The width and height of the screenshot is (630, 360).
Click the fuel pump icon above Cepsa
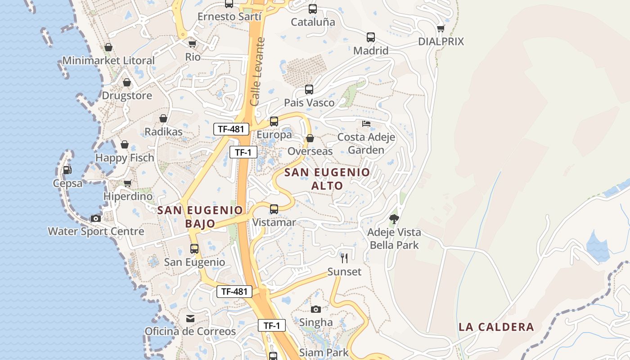point(67,170)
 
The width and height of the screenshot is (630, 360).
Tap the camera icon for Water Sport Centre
point(96,218)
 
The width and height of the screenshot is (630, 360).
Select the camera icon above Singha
point(316,309)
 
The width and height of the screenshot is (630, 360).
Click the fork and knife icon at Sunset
point(344,258)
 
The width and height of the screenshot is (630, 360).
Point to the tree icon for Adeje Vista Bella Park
point(394,219)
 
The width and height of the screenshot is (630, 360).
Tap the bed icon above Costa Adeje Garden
point(366,123)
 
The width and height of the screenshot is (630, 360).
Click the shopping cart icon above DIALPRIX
point(441,28)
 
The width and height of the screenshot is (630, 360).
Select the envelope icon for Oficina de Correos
point(190,319)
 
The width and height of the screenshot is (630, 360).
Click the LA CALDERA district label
point(496,327)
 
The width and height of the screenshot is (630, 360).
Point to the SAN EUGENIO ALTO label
point(327,179)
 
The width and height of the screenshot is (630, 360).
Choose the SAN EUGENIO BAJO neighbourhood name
point(200,216)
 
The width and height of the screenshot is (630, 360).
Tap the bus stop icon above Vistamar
point(274,209)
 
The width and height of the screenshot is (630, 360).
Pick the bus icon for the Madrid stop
point(371,37)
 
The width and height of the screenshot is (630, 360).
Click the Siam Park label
point(324,352)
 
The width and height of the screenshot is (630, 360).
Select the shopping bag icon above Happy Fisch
point(125,144)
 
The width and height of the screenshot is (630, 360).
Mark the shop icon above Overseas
point(310,138)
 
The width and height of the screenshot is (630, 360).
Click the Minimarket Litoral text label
point(108,60)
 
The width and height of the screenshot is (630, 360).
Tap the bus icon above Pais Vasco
point(309,89)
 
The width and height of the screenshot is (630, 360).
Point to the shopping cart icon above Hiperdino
point(128,183)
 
